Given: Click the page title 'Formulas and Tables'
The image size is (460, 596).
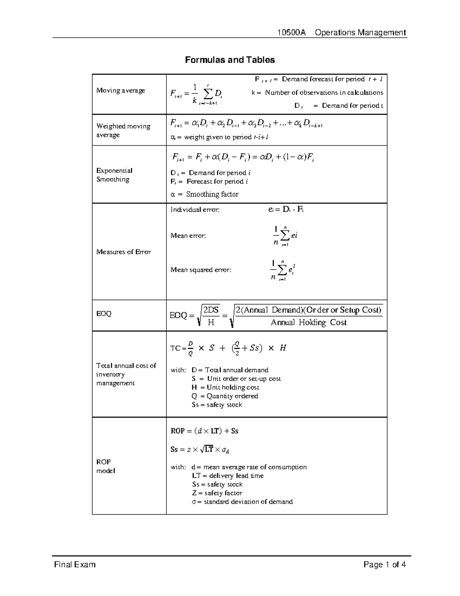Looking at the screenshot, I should pos(230,60).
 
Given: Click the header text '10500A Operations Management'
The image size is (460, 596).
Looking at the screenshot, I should pos(342,33).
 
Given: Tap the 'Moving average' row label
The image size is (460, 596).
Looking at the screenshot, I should pos(121,91).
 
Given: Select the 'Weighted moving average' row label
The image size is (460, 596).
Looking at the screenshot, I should pos(123,130).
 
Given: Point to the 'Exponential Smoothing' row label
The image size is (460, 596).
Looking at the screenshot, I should pos(114,175).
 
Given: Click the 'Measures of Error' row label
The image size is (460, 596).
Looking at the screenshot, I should pos(123,252).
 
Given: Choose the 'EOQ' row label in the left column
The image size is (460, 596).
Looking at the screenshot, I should pos(103,314).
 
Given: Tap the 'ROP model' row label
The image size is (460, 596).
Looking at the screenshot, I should pos(105,466).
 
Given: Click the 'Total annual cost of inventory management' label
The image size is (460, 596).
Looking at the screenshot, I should pos(126,374).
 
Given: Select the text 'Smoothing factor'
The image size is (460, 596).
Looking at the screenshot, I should pos(212,194).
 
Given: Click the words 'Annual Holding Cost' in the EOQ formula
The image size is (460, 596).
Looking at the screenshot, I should pos(308,323).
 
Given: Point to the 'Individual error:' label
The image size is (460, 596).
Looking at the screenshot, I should pos(195,210).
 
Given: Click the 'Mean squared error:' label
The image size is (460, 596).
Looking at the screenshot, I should pos(201,270).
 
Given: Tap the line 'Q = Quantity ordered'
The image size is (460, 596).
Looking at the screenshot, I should pos(225,396).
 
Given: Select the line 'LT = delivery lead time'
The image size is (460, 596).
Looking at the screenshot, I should pos(228,475).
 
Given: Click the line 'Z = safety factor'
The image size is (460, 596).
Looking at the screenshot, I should pos(217,493).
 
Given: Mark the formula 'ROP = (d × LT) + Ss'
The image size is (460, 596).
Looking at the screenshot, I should pos(204,431).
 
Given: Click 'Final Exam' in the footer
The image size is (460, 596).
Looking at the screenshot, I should pos(75,565).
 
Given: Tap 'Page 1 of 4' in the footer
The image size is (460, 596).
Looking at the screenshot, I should pos(384,565).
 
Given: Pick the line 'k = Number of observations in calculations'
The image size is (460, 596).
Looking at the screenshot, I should pos(317,92).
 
